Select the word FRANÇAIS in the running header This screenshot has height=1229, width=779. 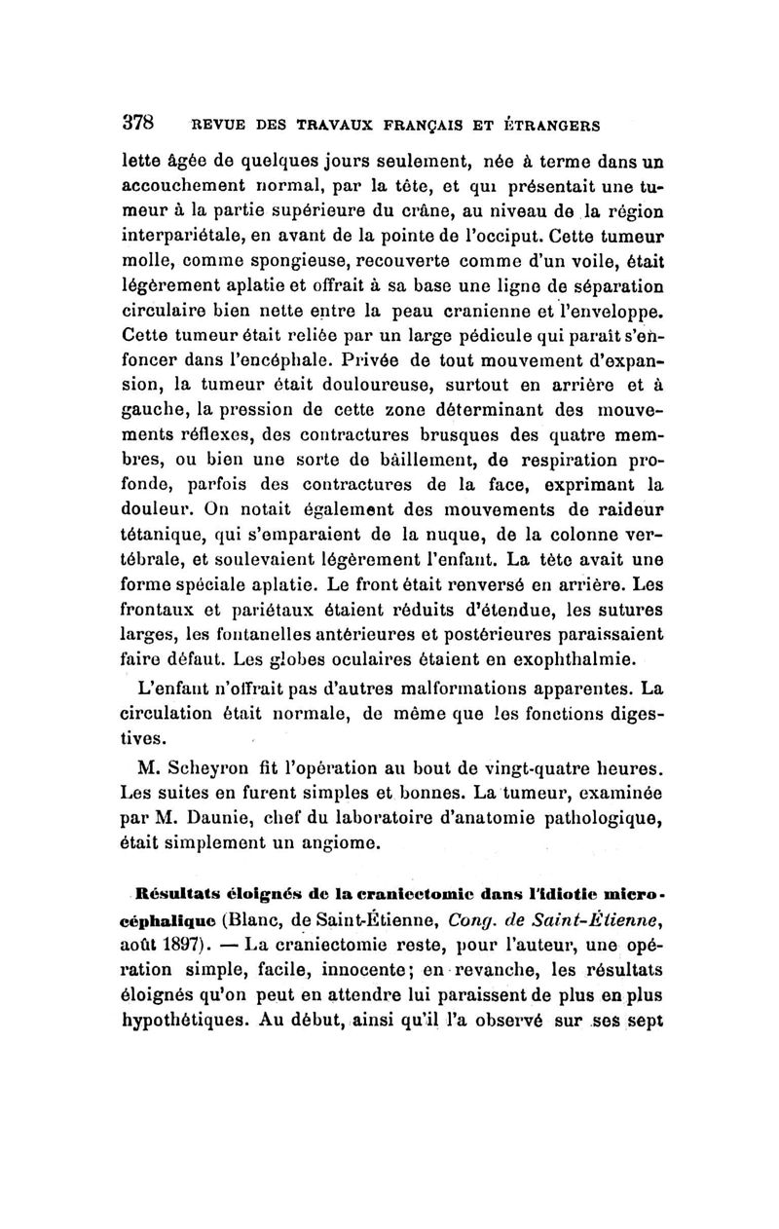click(x=425, y=125)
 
